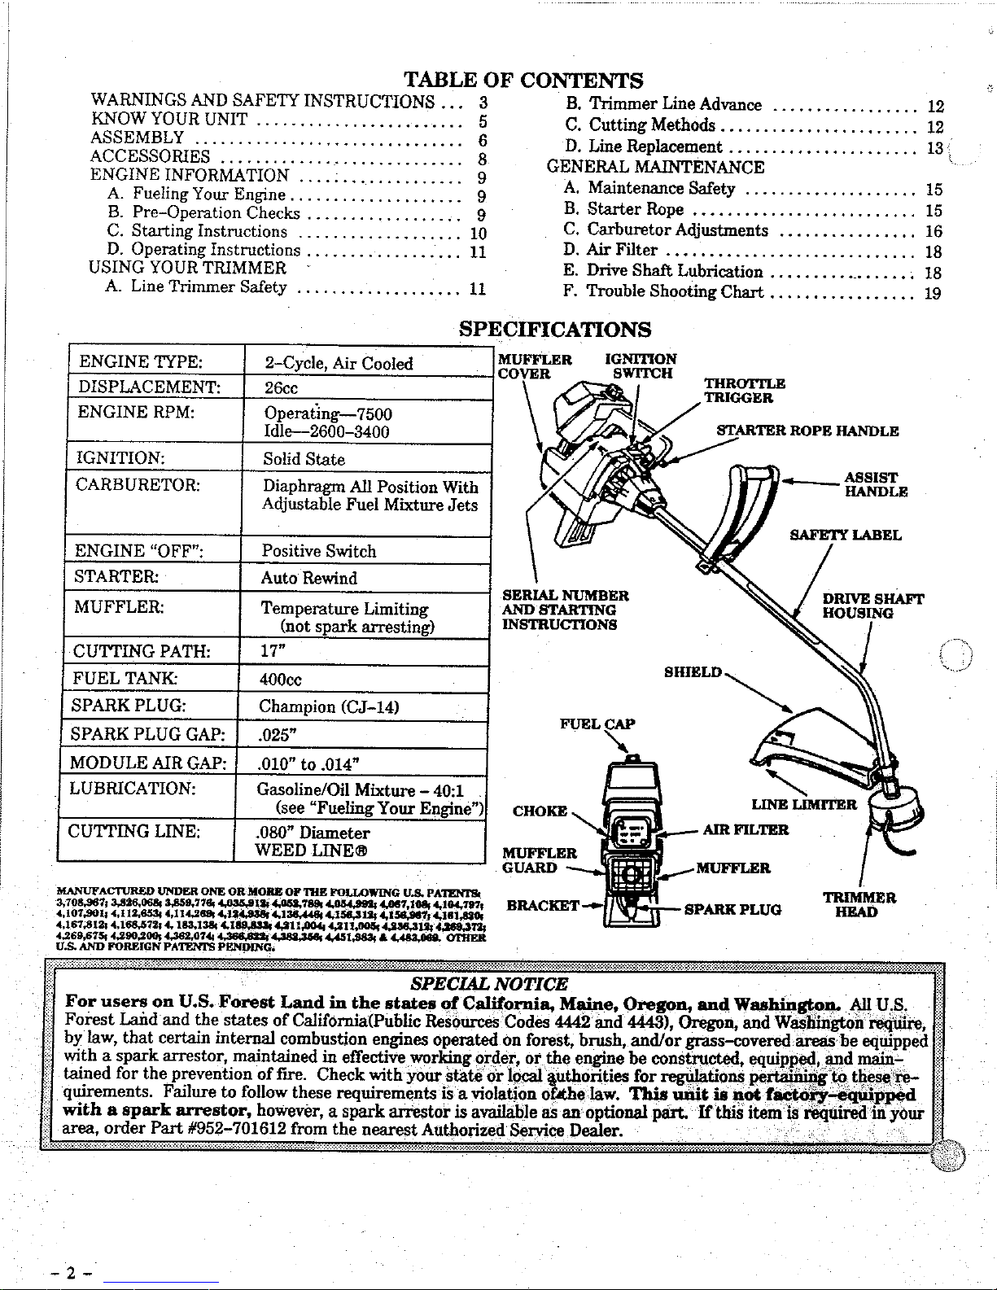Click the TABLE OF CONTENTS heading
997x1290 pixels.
523,80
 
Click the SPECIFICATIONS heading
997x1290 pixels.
555,329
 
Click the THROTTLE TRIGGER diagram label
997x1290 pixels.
744,391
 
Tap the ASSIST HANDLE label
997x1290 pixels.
875,485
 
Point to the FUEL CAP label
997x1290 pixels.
597,724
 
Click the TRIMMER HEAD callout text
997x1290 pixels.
859,905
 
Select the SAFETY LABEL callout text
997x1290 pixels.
846,535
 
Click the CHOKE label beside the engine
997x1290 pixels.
540,811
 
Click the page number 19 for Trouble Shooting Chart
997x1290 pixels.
933,293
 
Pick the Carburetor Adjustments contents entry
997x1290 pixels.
677,230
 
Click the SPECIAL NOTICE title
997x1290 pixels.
490,984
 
